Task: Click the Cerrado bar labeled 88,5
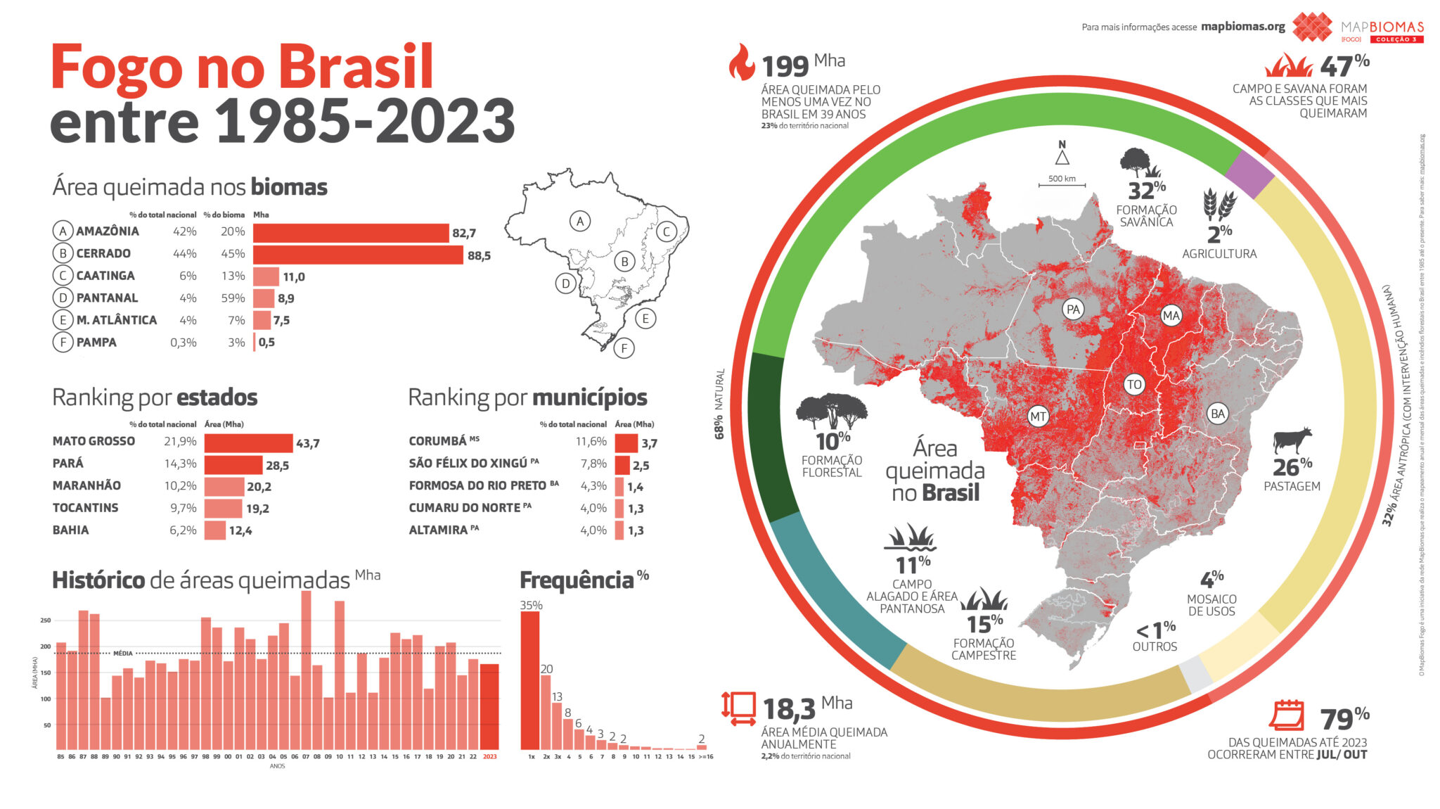pyautogui.click(x=357, y=254)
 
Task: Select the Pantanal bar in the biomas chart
pyautogui.click(x=264, y=298)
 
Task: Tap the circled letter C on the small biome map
pyautogui.click(x=666, y=231)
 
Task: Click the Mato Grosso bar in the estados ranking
pyautogui.click(x=248, y=442)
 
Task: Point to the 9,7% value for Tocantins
pyautogui.click(x=183, y=508)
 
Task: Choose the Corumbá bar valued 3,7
pyautogui.click(x=626, y=442)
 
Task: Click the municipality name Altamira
pyautogui.click(x=438, y=530)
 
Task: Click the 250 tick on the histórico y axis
pyautogui.click(x=46, y=620)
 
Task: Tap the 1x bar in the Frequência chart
pyautogui.click(x=530, y=680)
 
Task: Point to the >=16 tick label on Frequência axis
pyautogui.click(x=705, y=757)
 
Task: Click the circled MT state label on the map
pyautogui.click(x=1038, y=416)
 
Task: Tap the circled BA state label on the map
pyautogui.click(x=1217, y=414)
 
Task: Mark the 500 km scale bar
pyautogui.click(x=1062, y=185)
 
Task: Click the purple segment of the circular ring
pyautogui.click(x=1249, y=174)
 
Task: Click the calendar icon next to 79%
pyautogui.click(x=1286, y=715)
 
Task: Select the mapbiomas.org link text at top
pyautogui.click(x=1242, y=27)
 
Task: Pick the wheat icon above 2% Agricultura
pyautogui.click(x=1219, y=203)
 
